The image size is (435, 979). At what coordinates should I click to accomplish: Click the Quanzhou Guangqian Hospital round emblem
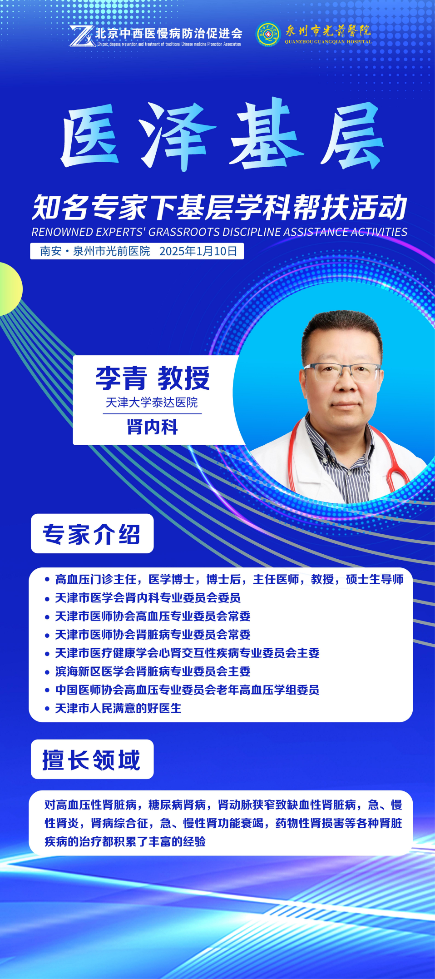(x=268, y=35)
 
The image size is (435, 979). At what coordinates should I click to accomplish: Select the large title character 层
(x=352, y=135)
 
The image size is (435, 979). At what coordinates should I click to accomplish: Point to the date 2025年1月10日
(x=198, y=251)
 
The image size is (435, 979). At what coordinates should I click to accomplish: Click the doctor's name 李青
(x=121, y=378)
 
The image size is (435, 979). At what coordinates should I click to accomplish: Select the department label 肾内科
(x=152, y=427)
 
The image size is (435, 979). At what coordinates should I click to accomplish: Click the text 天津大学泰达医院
(x=152, y=403)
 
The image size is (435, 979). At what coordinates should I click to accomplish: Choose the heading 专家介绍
(x=92, y=534)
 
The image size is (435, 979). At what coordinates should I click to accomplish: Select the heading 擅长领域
(x=92, y=760)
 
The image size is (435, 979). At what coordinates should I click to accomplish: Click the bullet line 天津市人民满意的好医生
(x=118, y=708)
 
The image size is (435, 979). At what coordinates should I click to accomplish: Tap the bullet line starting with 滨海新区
(x=153, y=671)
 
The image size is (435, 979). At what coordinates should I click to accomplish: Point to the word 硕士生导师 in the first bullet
(x=375, y=579)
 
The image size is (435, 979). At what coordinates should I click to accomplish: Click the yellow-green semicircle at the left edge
(x=10, y=288)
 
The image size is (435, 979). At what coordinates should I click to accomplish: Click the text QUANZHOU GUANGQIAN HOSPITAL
(x=328, y=42)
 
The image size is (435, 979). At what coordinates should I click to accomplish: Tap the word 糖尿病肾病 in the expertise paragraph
(x=177, y=805)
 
